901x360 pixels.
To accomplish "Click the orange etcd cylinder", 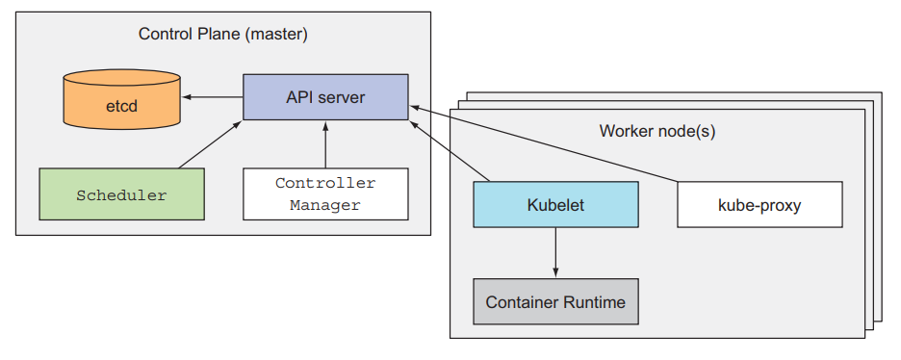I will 122,98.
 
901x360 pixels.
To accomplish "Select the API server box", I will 325,96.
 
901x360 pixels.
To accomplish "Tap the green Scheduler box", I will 121,194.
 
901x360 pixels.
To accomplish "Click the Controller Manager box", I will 325,193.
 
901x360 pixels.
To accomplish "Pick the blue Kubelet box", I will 555,204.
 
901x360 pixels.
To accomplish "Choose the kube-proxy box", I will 759,204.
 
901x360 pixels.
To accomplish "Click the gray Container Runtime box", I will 555,301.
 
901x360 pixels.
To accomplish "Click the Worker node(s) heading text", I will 657,130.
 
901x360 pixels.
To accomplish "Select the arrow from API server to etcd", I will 213,96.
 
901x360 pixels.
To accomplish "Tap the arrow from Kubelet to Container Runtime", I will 555,253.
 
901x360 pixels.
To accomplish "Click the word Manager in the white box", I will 325,205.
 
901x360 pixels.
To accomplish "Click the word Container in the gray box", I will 521,301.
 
